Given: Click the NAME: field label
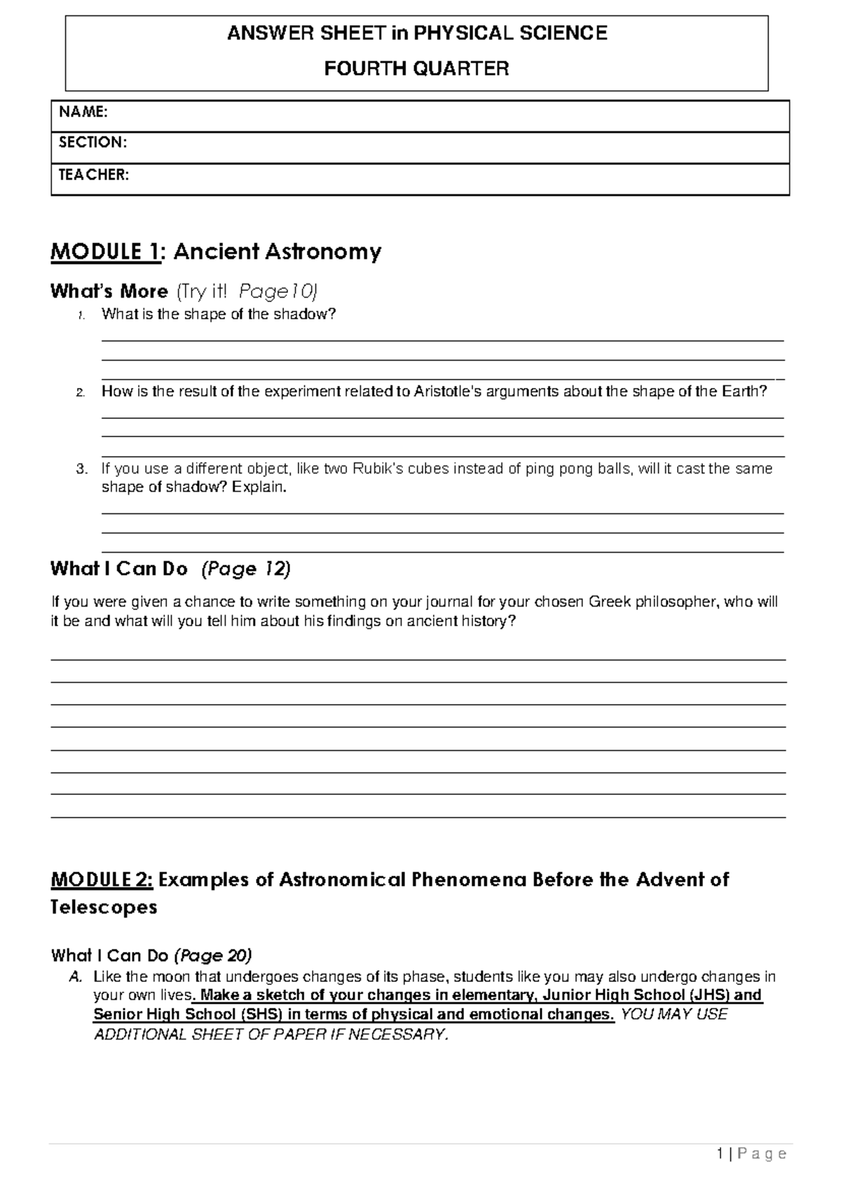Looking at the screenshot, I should pyautogui.click(x=83, y=112).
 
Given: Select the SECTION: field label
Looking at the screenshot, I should pyautogui.click(x=93, y=143).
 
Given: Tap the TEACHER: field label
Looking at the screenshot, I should pyautogui.click(x=93, y=175).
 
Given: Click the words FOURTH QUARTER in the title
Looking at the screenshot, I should pyautogui.click(x=416, y=69).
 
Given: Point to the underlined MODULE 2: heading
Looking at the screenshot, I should pyautogui.click(x=102, y=880).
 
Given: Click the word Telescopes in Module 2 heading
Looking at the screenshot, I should pyautogui.click(x=104, y=908).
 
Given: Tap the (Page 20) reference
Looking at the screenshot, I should pyautogui.click(x=213, y=955).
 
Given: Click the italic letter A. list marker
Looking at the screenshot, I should pyautogui.click(x=76, y=977).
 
